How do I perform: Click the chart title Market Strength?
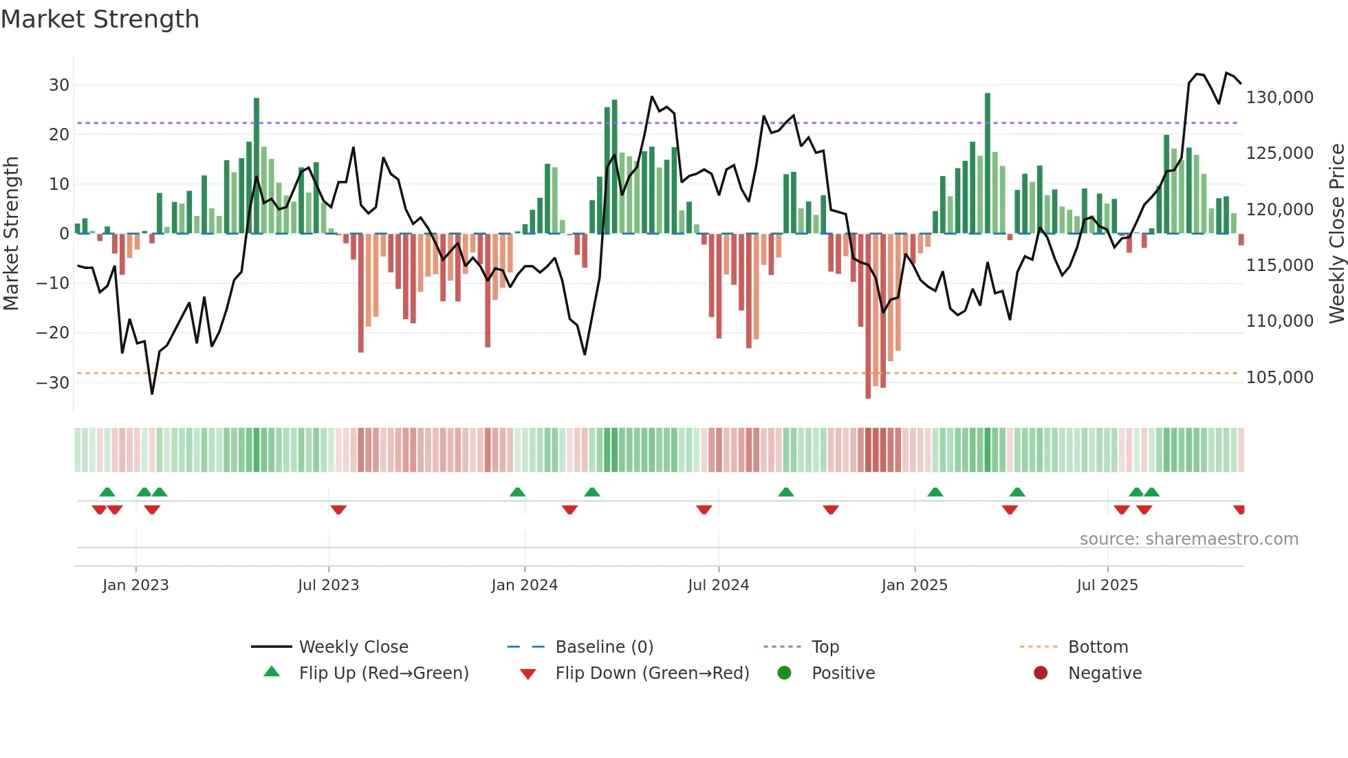[100, 19]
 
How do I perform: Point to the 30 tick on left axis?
[59, 85]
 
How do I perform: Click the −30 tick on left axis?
[54, 382]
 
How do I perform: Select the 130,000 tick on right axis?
[1279, 98]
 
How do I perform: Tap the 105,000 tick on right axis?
[1279, 378]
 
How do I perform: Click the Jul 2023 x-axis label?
[328, 585]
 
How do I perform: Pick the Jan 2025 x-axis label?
[914, 585]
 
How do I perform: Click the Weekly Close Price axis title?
[1336, 234]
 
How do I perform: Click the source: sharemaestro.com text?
[1188, 539]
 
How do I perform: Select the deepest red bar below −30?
[868, 316]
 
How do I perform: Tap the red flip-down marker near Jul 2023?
[338, 510]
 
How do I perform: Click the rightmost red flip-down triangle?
[1239, 510]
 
